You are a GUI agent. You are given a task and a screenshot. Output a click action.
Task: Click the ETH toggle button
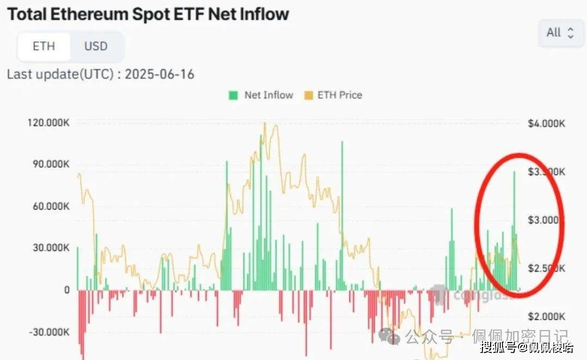(x=44, y=46)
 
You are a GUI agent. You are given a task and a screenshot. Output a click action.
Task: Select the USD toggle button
(x=96, y=46)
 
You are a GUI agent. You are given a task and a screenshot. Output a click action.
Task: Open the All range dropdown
(x=560, y=33)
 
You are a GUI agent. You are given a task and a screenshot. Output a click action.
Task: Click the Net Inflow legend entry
(x=268, y=95)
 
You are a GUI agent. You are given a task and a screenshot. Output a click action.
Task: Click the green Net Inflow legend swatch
(x=234, y=95)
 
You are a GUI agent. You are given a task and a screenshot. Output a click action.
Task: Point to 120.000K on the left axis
(x=48, y=123)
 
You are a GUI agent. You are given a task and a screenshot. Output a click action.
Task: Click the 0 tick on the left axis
(x=66, y=290)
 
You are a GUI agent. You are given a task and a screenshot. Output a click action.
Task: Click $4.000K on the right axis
(x=546, y=124)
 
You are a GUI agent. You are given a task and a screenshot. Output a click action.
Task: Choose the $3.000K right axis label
(x=546, y=220)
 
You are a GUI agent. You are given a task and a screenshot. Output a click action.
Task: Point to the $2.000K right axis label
(x=546, y=317)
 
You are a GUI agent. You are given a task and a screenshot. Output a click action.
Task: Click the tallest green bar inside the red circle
(x=513, y=229)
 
